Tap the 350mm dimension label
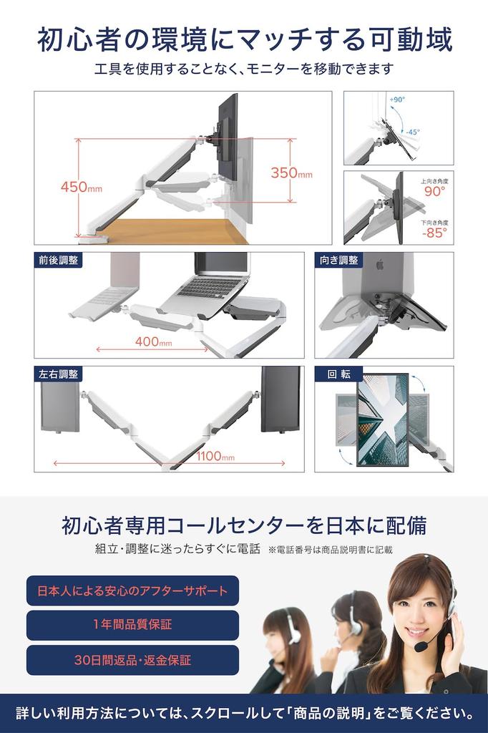pos(291,173)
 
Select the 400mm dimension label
pos(153,341)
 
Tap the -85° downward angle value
pos(434,232)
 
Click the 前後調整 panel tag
pos(58,260)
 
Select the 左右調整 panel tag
pos(58,374)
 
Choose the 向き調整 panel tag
pos(338,260)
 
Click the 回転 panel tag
pos(338,374)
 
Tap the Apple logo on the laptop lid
pos(379,265)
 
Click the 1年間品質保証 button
pos(132,624)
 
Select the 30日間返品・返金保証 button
pos(132,660)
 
